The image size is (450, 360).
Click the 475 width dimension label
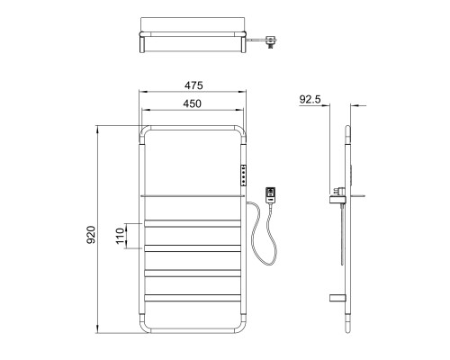[x=193, y=85]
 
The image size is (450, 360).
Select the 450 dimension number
[x=193, y=103]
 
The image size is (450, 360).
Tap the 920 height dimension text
[x=91, y=235]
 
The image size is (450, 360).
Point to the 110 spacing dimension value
[x=120, y=236]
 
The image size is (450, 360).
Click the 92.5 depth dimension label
[x=310, y=99]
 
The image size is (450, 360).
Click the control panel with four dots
[x=243, y=175]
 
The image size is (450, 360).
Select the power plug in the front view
[x=271, y=195]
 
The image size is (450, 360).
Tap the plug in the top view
[x=271, y=42]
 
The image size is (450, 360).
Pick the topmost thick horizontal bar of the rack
[x=193, y=223]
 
